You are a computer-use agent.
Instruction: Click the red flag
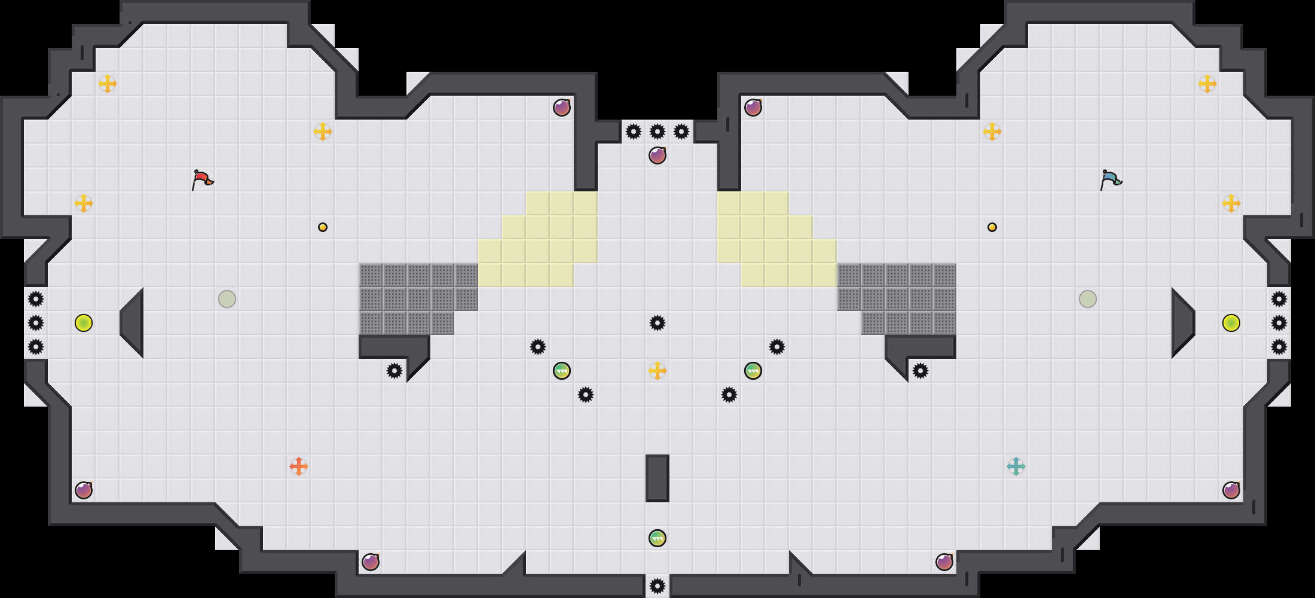pos(202,179)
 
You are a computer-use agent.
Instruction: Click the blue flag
pos(1111,179)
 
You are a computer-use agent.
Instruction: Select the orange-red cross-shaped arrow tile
pos(299,466)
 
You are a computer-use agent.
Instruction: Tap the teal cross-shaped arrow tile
pos(1016,466)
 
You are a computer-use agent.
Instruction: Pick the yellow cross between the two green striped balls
pos(657,371)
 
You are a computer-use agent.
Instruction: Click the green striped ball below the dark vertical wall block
pos(657,538)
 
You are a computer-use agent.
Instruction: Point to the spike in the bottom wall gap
pos(657,586)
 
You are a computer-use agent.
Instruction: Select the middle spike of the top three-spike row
pos(657,132)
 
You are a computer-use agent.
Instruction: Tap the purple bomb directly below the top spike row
pos(657,155)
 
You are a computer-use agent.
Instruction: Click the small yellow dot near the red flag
pos(323,227)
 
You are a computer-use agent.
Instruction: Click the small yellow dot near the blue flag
pos(992,227)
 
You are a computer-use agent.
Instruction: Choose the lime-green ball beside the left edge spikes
pos(84,323)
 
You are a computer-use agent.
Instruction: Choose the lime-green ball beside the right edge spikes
pos(1231,323)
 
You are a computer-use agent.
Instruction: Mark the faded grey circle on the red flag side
pos(227,299)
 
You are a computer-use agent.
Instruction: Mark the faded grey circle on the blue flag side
pos(1088,299)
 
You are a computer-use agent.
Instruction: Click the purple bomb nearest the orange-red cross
pos(371,562)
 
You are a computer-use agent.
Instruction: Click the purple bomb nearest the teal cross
pos(944,562)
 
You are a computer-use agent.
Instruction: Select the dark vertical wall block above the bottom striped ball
pos(657,478)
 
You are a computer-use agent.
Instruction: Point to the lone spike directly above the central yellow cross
pos(657,323)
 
